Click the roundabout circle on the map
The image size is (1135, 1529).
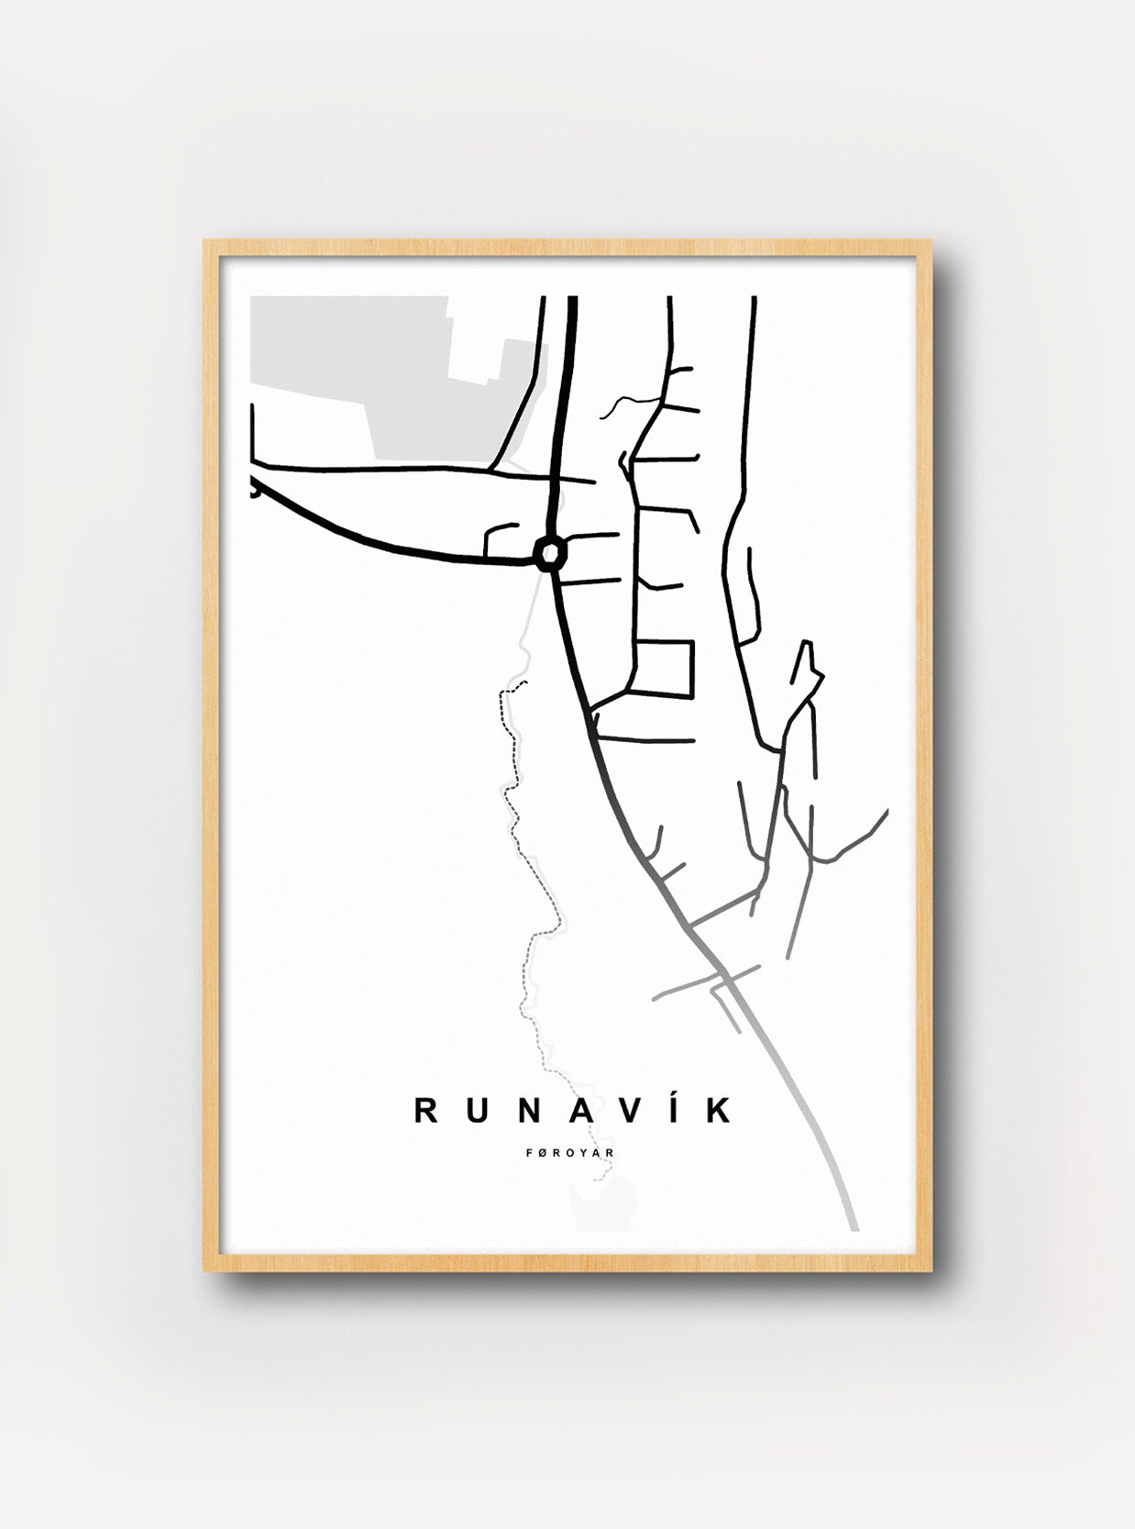[x=550, y=553]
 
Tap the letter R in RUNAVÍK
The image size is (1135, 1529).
[x=427, y=1110]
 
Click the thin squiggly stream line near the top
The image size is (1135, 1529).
[x=633, y=404]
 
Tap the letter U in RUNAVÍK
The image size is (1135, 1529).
[x=477, y=1110]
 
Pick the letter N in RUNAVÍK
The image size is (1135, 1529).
[x=526, y=1110]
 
